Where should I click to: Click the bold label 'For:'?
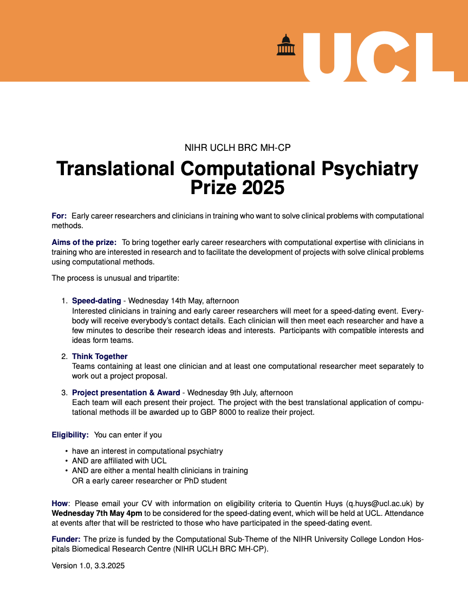59,216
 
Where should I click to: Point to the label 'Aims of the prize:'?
84,242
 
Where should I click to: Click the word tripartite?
161,278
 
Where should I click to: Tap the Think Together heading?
100,356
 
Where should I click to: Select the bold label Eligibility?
70,435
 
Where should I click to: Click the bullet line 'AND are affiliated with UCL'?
119,461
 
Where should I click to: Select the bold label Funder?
66,539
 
